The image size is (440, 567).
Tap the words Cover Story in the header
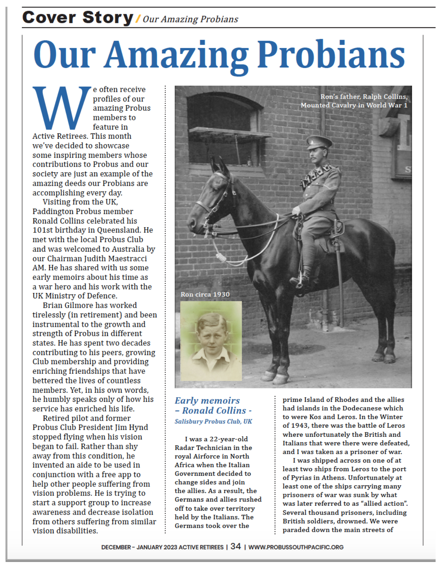tap(78, 18)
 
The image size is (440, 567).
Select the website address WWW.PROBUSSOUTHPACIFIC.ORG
tap(296, 547)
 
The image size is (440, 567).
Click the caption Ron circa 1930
tap(205, 294)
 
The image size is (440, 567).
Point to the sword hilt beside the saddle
tap(337, 231)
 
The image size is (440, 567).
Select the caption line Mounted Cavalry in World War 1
tap(354, 105)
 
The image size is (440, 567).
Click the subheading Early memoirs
tap(207, 400)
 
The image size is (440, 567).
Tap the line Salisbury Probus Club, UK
tap(213, 422)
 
